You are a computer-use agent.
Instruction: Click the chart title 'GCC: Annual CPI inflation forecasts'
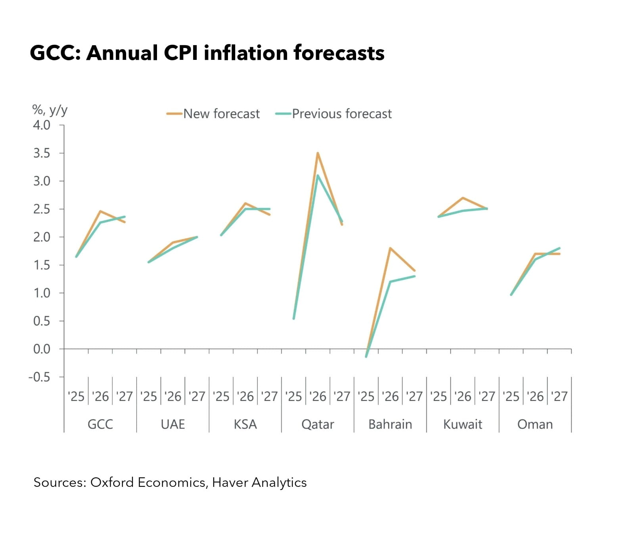click(x=207, y=53)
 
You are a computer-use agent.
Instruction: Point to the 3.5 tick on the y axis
click(x=42, y=153)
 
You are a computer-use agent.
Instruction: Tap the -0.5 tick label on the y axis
click(x=39, y=377)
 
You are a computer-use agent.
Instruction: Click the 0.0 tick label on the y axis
click(x=42, y=349)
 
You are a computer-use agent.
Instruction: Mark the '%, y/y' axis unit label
click(x=50, y=109)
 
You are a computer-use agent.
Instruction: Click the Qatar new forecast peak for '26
click(x=318, y=153)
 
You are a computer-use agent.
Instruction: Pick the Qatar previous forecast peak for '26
click(x=318, y=175)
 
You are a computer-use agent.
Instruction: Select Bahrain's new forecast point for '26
click(x=390, y=248)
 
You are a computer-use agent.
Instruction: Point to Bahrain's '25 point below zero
click(x=366, y=356)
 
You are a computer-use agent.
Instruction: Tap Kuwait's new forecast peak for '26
click(x=463, y=197)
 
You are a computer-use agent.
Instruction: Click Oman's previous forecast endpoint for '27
click(x=559, y=248)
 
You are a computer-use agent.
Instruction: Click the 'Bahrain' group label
click(x=390, y=424)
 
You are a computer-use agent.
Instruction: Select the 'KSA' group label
click(x=245, y=424)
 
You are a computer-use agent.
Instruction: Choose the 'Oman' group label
click(x=535, y=424)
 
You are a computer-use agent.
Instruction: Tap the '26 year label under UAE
click(x=173, y=396)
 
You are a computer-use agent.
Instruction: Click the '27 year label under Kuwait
click(x=487, y=396)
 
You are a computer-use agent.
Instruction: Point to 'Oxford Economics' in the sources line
click(x=147, y=482)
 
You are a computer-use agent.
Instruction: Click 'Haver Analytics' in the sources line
click(x=259, y=482)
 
